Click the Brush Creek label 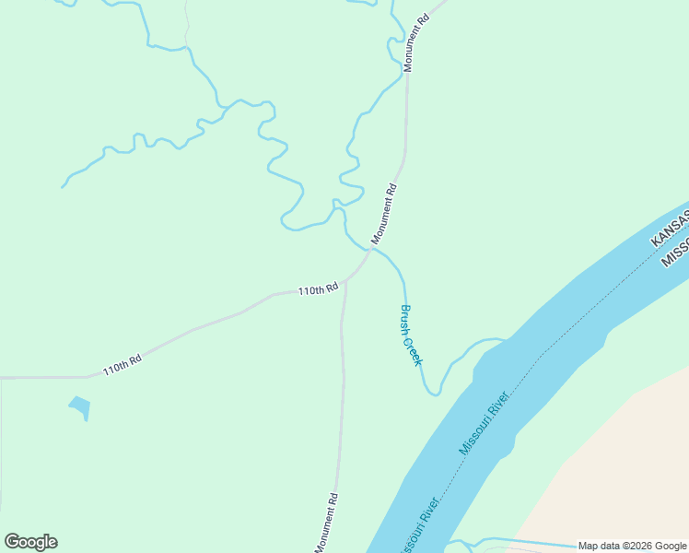411,335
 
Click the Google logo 30,542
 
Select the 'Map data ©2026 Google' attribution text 632,546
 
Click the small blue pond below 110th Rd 80,406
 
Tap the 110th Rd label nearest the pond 122,364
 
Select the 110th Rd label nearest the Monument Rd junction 318,290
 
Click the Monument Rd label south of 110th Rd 326,523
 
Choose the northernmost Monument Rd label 416,43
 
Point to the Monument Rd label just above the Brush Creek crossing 384,215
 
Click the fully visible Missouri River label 485,422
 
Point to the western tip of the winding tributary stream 63,187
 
